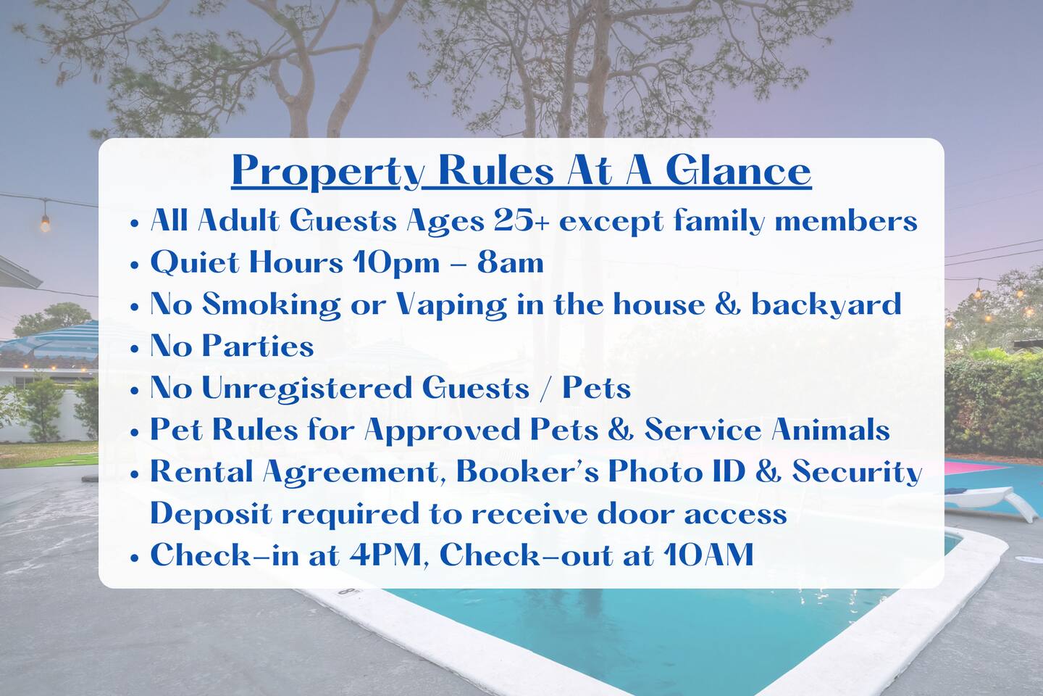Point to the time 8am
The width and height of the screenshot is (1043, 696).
point(511,262)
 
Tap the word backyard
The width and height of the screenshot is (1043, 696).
point(826,305)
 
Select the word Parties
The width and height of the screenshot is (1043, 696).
point(258,346)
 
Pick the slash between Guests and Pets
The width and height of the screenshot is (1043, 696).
point(545,389)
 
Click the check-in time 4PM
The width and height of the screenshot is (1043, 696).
point(385,555)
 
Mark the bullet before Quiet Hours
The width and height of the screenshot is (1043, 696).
point(135,265)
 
